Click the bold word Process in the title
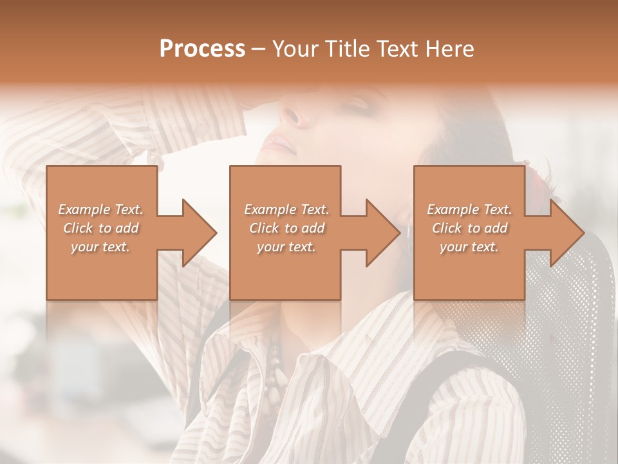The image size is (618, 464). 202,49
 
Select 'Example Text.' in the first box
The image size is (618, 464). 100,209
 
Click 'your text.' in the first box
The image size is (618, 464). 100,247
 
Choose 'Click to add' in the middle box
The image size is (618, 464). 286,228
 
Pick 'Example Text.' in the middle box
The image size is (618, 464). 286,209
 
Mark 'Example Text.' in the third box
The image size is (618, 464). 469,209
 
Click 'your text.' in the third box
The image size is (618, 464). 469,247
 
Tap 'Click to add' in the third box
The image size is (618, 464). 469,228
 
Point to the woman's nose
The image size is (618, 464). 291,116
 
